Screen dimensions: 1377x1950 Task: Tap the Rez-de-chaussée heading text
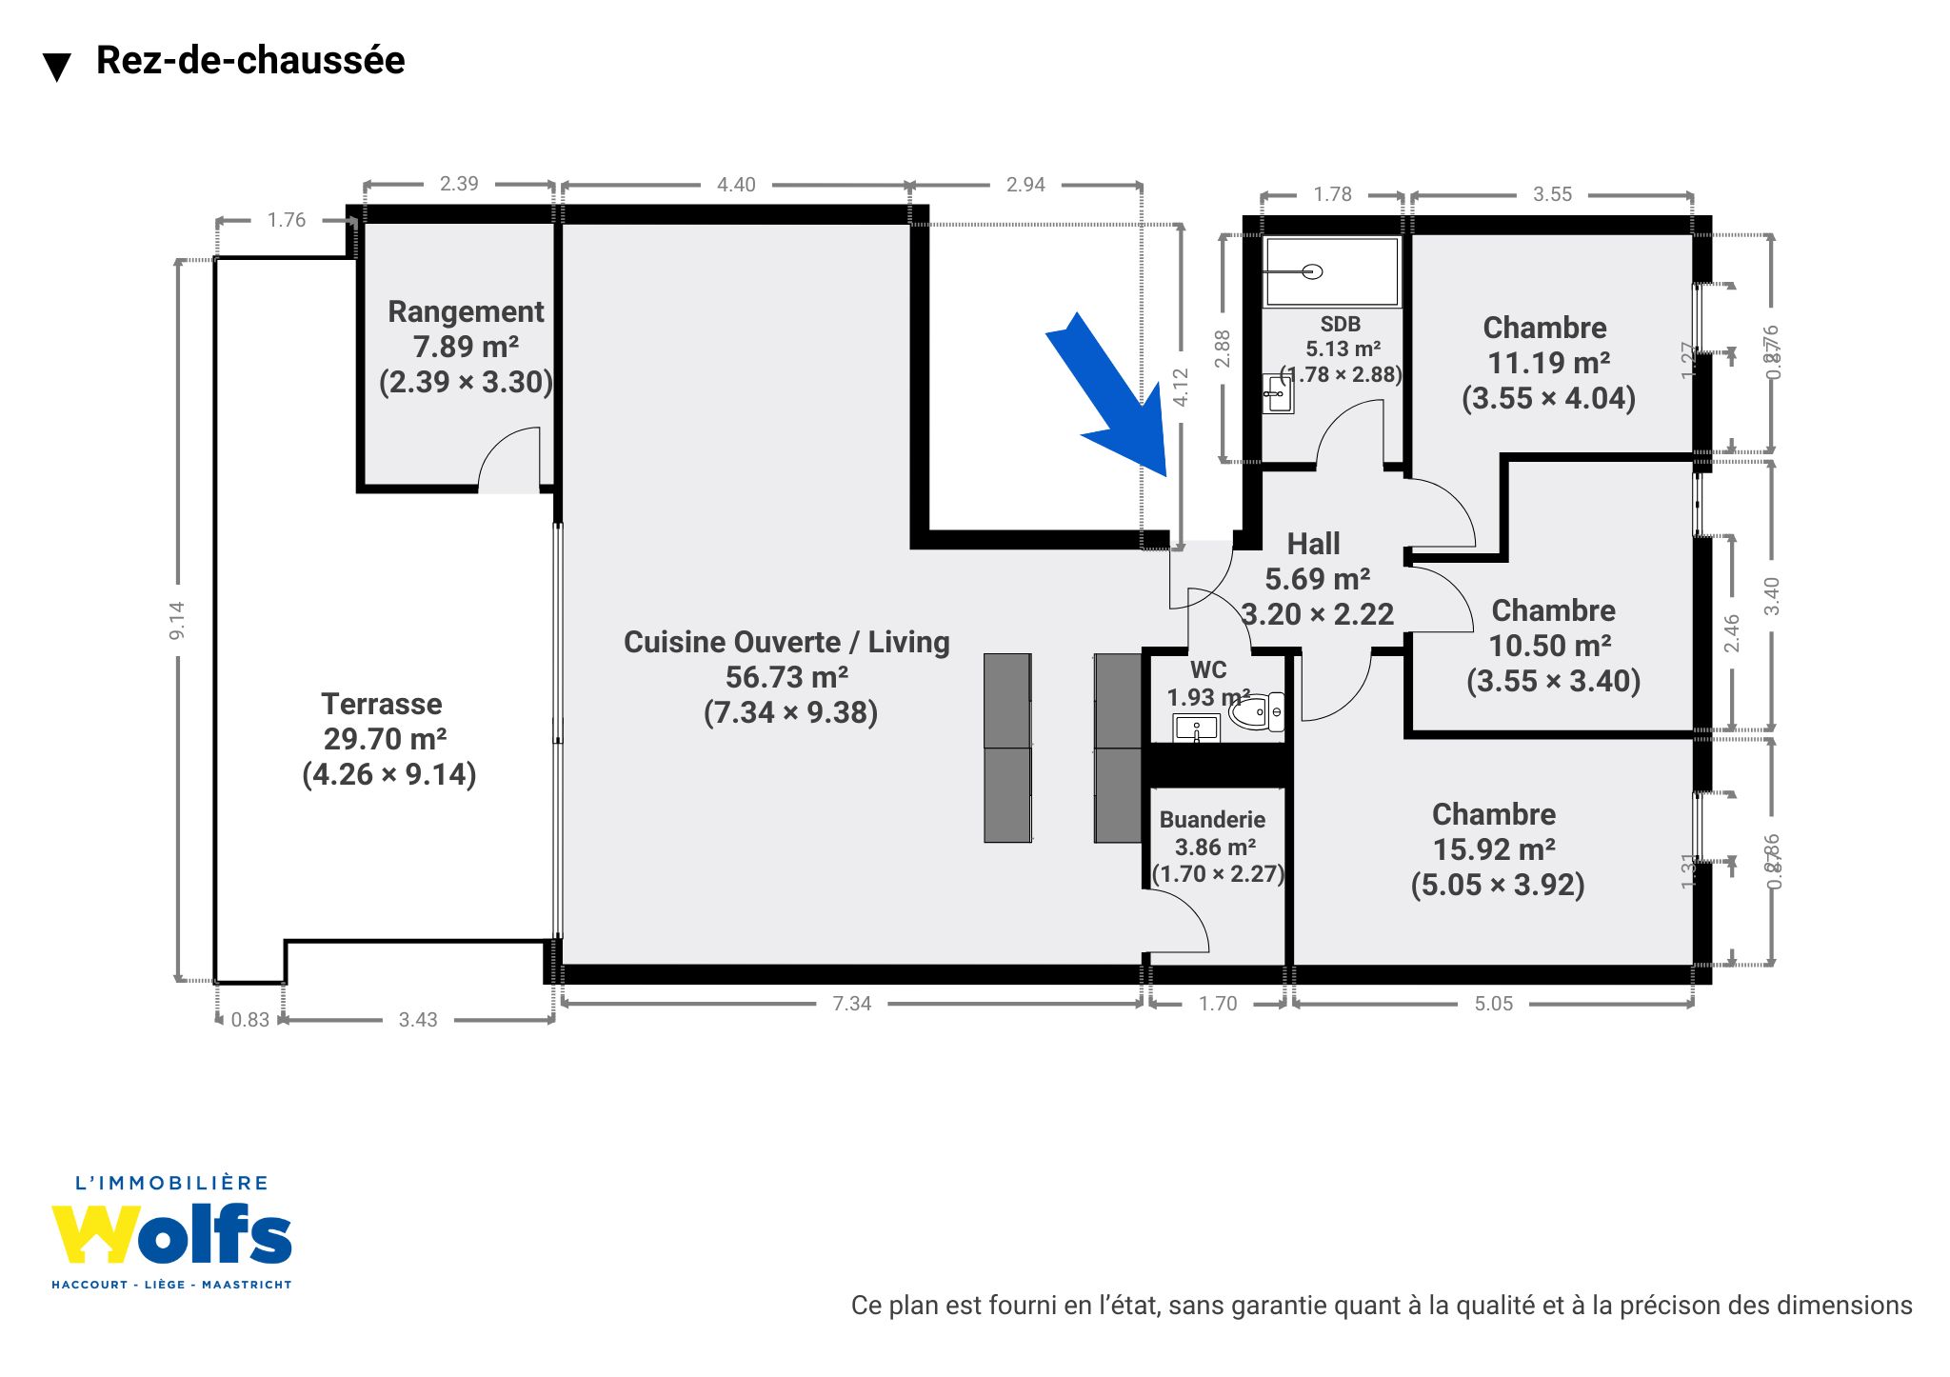click(x=250, y=60)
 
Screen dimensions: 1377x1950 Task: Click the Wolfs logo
click(x=172, y=1234)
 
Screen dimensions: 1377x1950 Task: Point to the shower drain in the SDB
click(x=1312, y=271)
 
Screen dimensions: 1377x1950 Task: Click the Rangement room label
click(x=466, y=311)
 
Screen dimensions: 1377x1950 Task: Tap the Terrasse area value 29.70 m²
click(x=385, y=739)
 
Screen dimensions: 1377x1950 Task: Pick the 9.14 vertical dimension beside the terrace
click(x=177, y=620)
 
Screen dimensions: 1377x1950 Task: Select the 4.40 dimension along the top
click(x=736, y=185)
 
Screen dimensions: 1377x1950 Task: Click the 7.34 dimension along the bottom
click(x=851, y=1003)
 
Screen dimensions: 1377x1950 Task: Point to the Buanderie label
click(x=1212, y=820)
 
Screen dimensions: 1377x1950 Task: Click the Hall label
click(x=1313, y=544)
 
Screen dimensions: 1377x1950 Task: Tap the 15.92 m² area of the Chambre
click(x=1494, y=849)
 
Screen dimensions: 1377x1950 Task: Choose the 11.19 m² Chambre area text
click(x=1548, y=363)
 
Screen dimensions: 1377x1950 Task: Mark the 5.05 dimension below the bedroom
click(x=1493, y=1003)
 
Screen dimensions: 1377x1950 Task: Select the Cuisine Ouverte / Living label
click(x=786, y=642)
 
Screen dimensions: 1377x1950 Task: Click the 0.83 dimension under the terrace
click(x=249, y=1020)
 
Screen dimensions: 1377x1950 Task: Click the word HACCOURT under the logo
click(x=90, y=1285)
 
